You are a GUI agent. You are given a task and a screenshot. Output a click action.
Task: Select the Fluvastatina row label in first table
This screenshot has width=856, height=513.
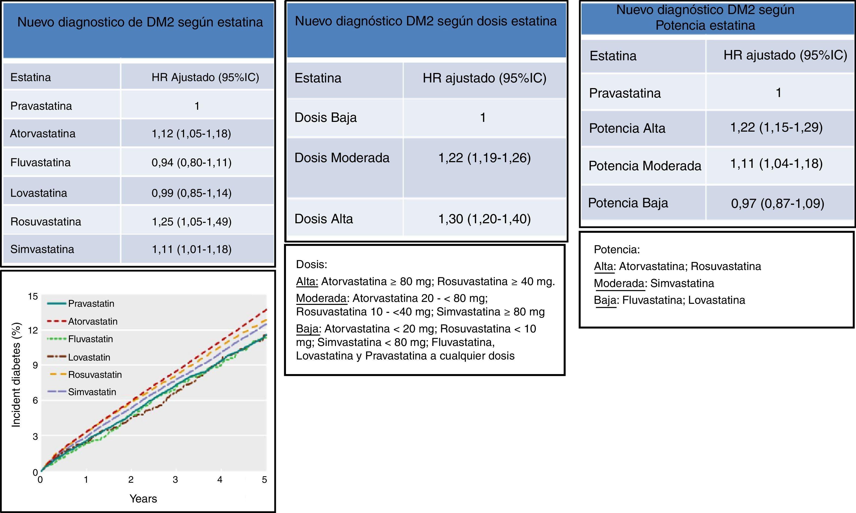click(x=41, y=162)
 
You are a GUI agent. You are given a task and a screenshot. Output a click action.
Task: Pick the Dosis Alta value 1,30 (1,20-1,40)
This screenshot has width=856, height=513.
click(x=484, y=219)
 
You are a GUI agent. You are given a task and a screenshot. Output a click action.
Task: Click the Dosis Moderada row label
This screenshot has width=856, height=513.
click(x=342, y=158)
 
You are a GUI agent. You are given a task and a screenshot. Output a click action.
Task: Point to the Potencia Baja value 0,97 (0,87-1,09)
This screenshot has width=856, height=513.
click(x=778, y=203)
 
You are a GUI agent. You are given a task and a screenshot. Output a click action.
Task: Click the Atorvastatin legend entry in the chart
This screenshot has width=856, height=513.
click(x=93, y=321)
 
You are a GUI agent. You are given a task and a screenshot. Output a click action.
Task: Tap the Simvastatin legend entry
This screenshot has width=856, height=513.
click(x=92, y=392)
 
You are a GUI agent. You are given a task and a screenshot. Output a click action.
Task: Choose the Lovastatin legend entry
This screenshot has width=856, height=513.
click(x=89, y=357)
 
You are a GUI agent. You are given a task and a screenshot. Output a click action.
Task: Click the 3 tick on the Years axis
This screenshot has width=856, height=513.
click(x=175, y=479)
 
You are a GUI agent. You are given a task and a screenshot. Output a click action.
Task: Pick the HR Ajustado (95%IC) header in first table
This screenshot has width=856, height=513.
click(x=205, y=77)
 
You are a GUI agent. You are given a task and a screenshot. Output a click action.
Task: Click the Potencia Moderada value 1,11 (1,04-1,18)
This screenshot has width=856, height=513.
click(x=776, y=164)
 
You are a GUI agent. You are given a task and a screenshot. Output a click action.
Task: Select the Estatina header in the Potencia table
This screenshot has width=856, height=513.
click(x=613, y=56)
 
